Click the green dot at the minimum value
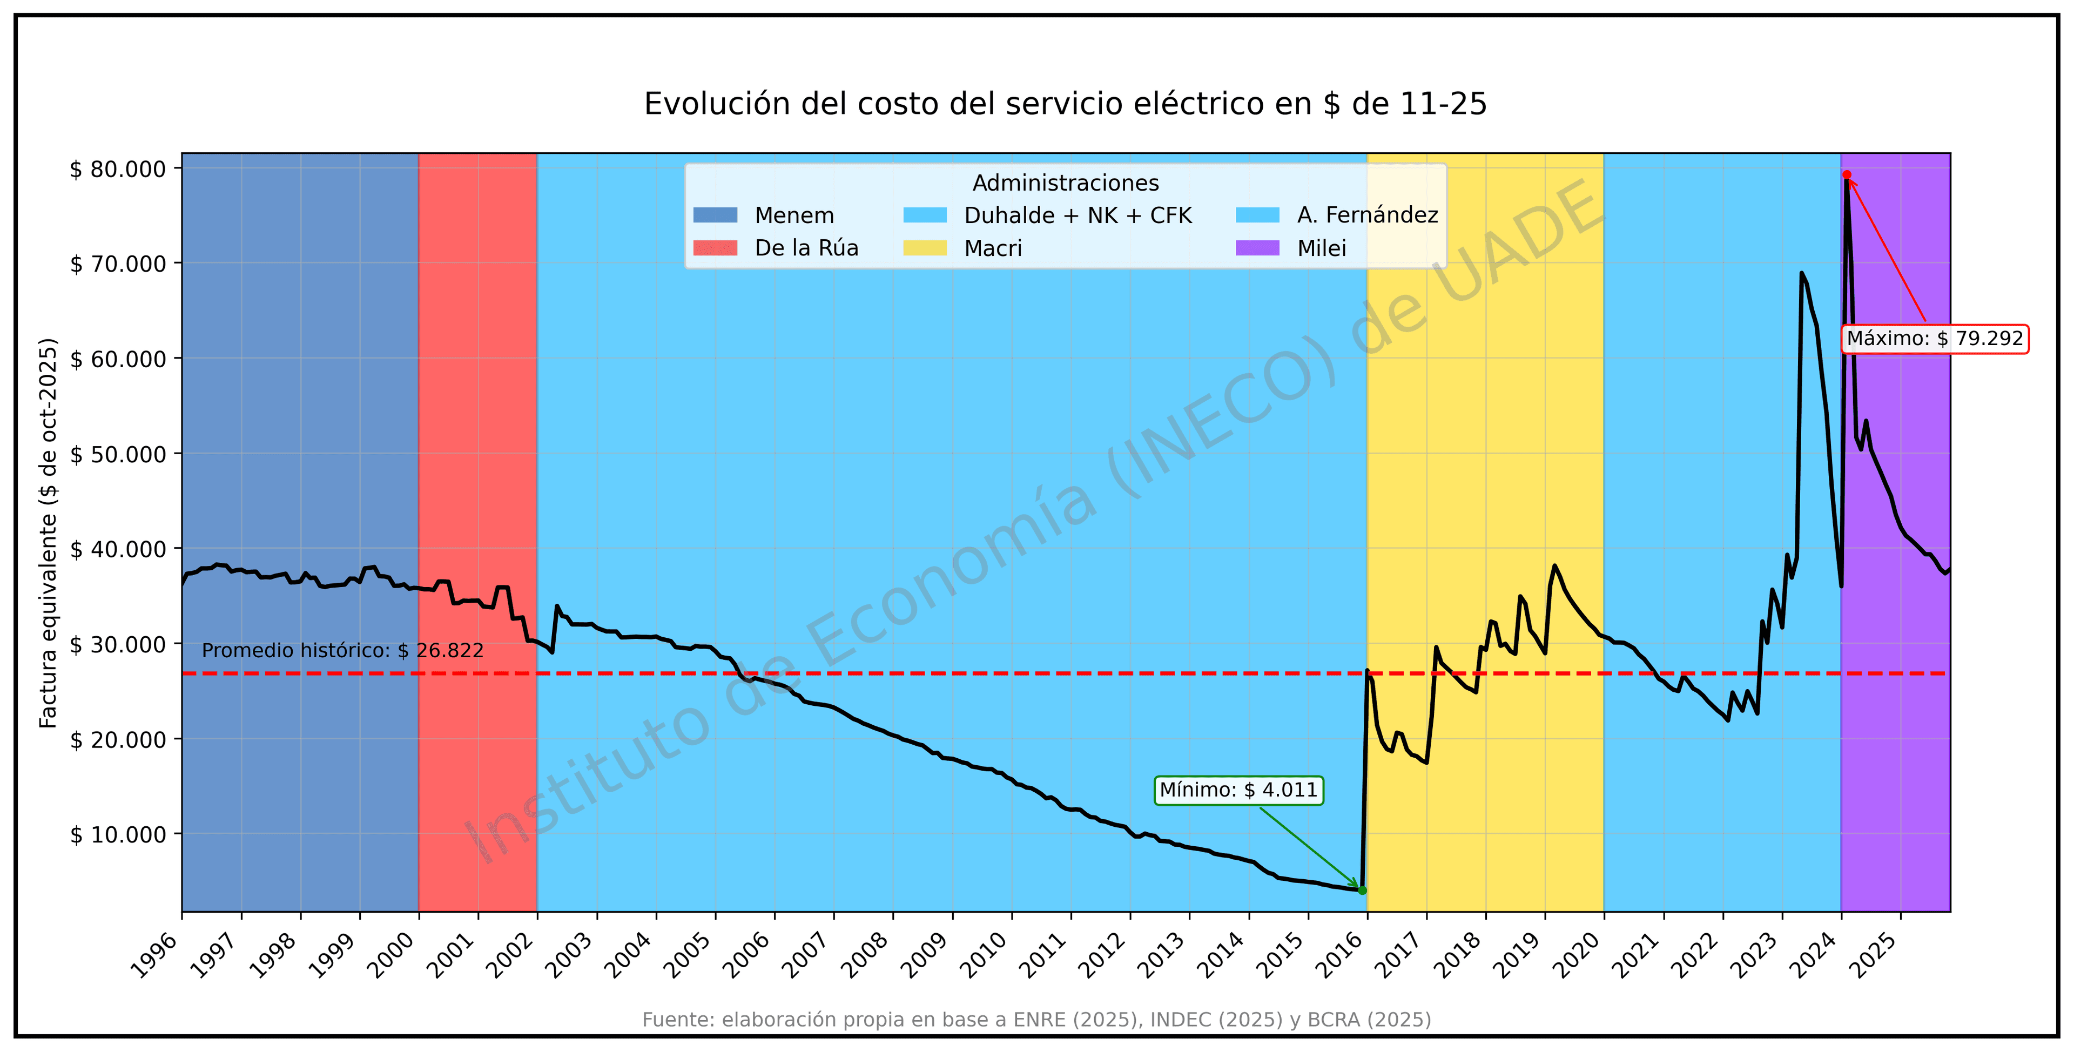1362,890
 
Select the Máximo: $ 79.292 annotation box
1934,338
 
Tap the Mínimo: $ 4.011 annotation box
1238,790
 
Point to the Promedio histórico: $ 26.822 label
342,650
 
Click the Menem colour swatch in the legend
715,215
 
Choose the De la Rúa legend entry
806,248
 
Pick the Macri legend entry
992,248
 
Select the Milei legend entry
1321,248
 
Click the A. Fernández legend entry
1366,215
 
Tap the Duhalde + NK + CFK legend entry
1078,215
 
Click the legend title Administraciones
1065,183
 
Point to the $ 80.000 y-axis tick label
118,169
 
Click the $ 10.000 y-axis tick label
118,835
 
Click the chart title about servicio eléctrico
1065,104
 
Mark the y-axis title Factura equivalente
48,533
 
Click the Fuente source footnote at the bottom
1036,1020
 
